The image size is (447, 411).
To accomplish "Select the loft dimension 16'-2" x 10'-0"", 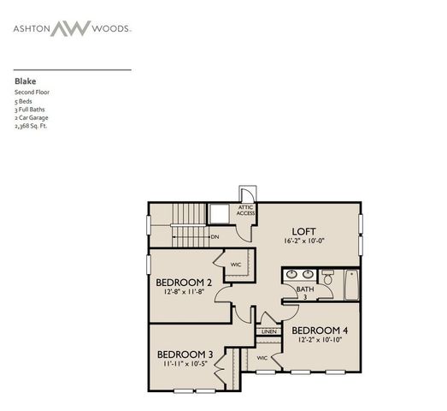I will click(305, 242).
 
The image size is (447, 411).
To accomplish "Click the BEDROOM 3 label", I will click(185, 354).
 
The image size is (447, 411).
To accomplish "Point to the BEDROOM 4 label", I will click(320, 330).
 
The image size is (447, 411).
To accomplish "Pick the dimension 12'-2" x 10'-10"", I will click(320, 341).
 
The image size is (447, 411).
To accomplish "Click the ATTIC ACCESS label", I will click(246, 210).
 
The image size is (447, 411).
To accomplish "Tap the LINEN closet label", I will click(268, 331).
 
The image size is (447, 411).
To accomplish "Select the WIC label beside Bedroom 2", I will click(236, 265).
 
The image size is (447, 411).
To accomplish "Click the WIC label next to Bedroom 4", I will click(262, 357).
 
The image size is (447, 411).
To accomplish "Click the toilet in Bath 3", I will click(327, 277).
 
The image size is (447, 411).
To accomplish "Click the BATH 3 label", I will click(305, 294).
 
